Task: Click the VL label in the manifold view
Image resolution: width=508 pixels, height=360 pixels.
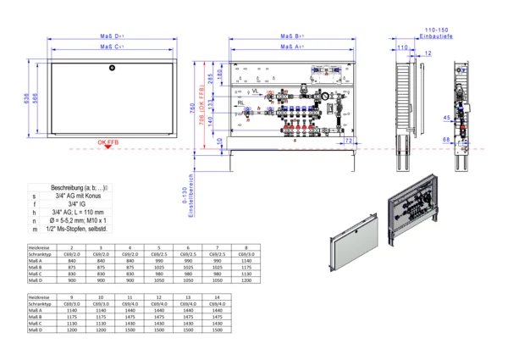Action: click(x=256, y=90)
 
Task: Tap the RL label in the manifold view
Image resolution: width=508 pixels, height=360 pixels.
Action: click(x=241, y=102)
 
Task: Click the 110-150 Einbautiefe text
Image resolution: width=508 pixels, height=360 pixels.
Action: click(x=436, y=31)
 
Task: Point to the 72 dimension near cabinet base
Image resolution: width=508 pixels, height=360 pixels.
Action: click(x=349, y=140)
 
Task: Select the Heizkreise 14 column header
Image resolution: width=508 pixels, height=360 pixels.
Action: click(x=217, y=298)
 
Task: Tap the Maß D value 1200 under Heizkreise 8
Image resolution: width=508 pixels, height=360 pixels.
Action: click(x=246, y=280)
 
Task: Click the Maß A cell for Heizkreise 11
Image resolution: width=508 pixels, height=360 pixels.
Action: click(x=130, y=313)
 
